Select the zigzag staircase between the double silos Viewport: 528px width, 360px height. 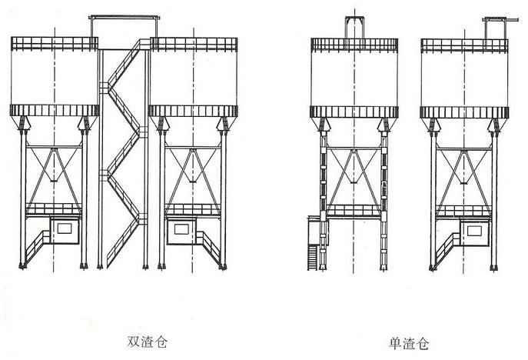point(123,154)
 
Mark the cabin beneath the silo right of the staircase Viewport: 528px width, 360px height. point(183,228)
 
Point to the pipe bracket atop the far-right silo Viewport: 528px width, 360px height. point(491,25)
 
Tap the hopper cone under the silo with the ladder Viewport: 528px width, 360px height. point(353,165)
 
